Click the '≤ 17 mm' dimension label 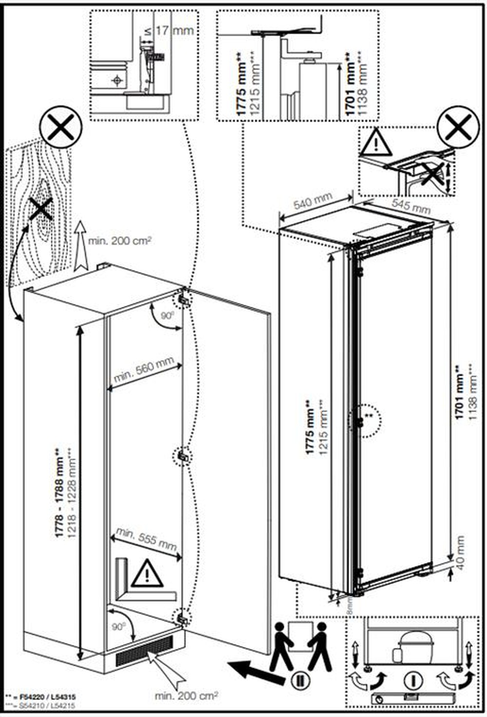pos(169,31)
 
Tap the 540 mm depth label pos(313,201)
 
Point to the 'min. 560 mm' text pos(144,370)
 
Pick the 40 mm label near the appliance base pos(460,551)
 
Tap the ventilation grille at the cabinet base pos(144,650)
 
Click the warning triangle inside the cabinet pos(147,574)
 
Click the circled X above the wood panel pos(60,127)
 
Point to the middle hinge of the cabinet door pos(183,456)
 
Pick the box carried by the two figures pos(299,633)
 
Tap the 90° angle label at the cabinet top pos(168,316)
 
